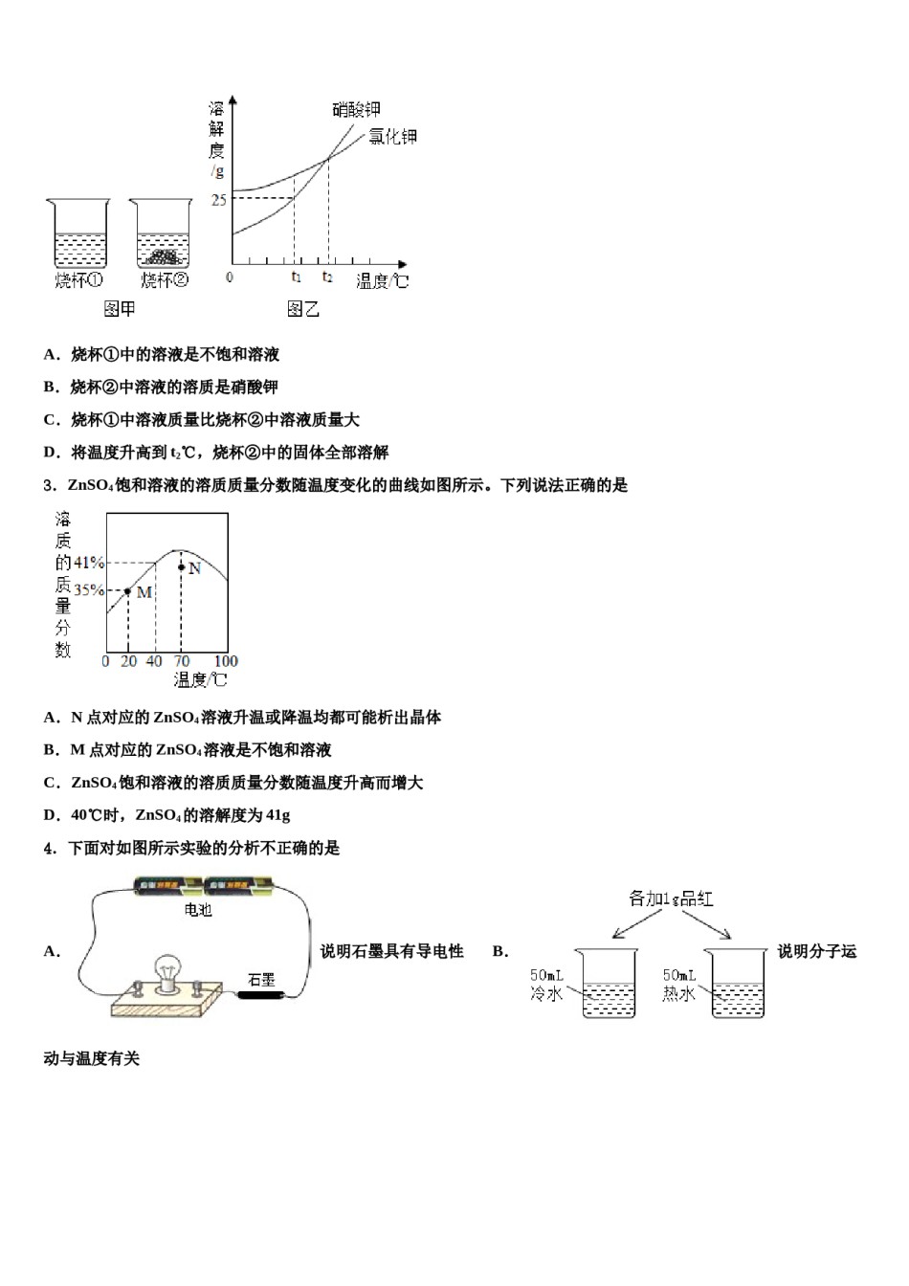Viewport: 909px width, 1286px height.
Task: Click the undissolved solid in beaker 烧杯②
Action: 164,256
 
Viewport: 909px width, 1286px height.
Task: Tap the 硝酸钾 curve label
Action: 356,110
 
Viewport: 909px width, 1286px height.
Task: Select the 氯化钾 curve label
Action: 393,137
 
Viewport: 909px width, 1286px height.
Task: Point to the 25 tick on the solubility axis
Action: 219,199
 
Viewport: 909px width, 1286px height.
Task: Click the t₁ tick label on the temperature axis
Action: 296,277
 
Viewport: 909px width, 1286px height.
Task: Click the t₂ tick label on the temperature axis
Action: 327,277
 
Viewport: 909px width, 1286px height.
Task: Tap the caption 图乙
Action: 302,309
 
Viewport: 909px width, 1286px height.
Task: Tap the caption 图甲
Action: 119,309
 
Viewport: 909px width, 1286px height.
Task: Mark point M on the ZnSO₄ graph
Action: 128,590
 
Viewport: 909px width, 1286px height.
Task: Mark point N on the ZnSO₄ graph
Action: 181,567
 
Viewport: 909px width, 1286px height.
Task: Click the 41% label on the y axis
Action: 89,563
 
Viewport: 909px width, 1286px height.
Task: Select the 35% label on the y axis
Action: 89,590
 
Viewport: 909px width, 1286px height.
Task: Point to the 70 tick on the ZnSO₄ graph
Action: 181,661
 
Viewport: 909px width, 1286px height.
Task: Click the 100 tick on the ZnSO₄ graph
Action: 226,661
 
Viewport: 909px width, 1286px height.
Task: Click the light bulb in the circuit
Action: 169,971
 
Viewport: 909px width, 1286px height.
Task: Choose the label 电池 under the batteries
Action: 198,910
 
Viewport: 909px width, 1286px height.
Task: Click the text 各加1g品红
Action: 671,898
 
